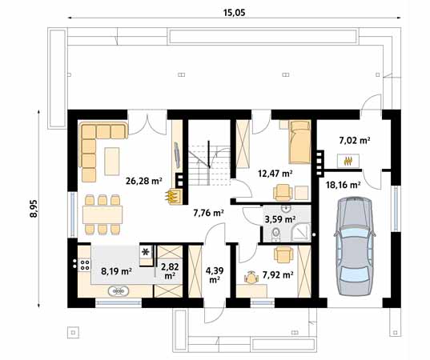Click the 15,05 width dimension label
click(234, 13)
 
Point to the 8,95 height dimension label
click(34, 209)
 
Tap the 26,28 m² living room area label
click(143, 181)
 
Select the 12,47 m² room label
click(275, 174)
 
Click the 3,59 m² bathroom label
click(280, 219)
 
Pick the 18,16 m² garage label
click(343, 185)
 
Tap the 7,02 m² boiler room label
click(355, 141)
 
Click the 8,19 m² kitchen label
click(117, 271)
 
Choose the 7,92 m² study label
click(278, 274)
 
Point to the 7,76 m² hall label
click(209, 213)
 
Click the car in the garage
click(355, 246)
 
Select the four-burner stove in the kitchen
click(84, 265)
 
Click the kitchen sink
click(119, 291)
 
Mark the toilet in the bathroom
click(275, 234)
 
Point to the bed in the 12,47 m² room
click(299, 142)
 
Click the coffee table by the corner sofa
click(112, 161)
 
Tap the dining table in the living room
click(102, 214)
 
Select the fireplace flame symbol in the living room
click(171, 196)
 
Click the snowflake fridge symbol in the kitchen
click(146, 251)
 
